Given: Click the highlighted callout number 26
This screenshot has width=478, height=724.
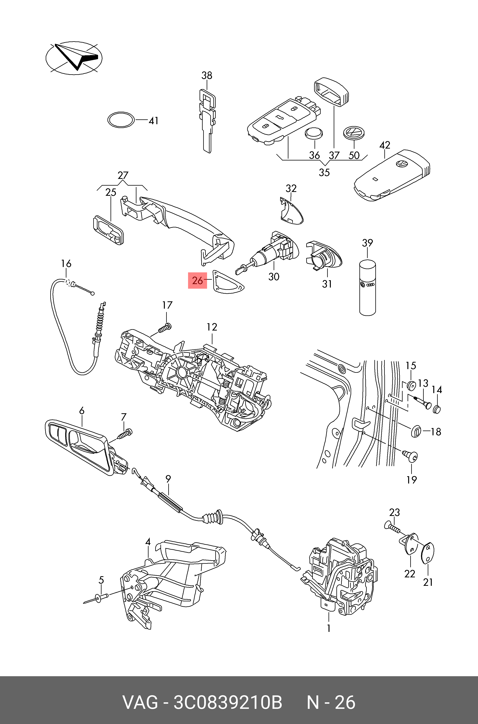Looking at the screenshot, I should (x=197, y=280).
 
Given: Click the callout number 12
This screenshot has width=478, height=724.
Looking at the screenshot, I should (x=212, y=327).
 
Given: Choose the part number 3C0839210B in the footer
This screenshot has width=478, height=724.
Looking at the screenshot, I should (x=228, y=702).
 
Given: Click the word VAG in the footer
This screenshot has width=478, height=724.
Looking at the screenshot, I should (x=140, y=702).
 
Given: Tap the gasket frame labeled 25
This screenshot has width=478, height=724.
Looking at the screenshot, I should (x=108, y=230).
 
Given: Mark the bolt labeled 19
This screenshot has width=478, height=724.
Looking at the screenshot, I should (x=410, y=456).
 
